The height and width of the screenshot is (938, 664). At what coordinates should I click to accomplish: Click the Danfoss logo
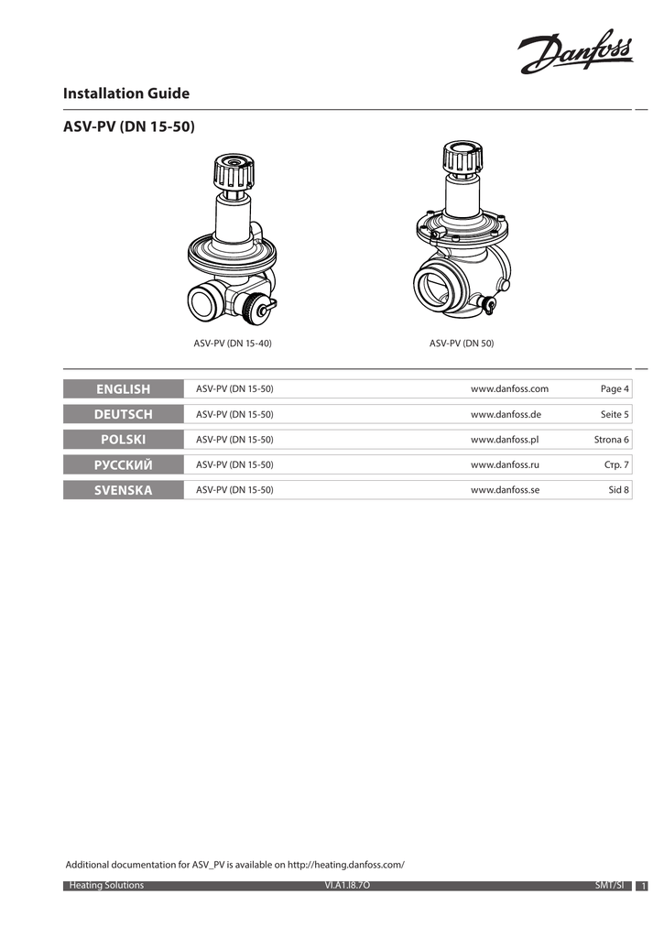[x=575, y=51]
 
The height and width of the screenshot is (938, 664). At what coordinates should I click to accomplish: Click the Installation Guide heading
[x=126, y=93]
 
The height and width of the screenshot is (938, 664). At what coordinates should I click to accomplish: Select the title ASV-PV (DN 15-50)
[x=128, y=126]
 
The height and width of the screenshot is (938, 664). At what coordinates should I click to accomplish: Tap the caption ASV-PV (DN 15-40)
[x=232, y=344]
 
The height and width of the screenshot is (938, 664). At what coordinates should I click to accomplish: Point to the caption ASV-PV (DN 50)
[x=462, y=344]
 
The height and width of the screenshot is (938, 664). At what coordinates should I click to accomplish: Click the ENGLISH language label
[x=124, y=388]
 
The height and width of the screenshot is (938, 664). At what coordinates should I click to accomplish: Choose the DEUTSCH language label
[x=124, y=414]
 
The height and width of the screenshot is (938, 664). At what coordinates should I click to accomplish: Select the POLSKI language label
[x=124, y=439]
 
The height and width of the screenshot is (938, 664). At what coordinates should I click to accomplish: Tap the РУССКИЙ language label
[x=124, y=464]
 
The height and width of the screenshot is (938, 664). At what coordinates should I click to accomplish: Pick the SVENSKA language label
[x=124, y=490]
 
